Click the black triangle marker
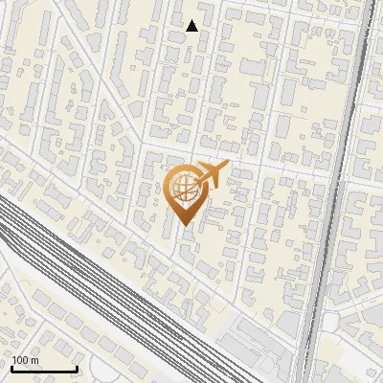tap(191, 26)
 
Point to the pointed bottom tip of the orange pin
tap(184, 225)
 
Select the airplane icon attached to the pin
tap(210, 175)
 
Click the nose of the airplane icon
tap(226, 166)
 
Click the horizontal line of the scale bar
tap(43, 369)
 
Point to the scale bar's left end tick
tap(11, 367)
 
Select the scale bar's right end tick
tap(76, 367)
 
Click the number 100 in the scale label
tap(21, 360)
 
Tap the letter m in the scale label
tap(35, 360)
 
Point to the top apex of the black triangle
tap(191, 20)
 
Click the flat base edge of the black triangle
tap(191, 31)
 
